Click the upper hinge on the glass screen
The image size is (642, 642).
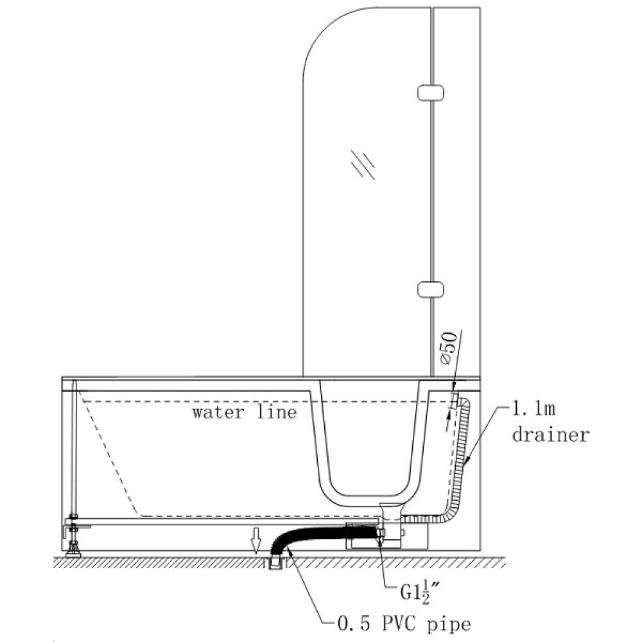coord(431,92)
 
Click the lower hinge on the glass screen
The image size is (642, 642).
coord(431,289)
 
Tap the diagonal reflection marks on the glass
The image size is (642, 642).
coord(363,164)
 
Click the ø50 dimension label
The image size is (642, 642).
coord(448,347)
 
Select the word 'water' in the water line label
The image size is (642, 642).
coord(218,412)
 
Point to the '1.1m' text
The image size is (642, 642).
coord(534,408)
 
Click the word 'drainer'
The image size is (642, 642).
coord(550,434)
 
